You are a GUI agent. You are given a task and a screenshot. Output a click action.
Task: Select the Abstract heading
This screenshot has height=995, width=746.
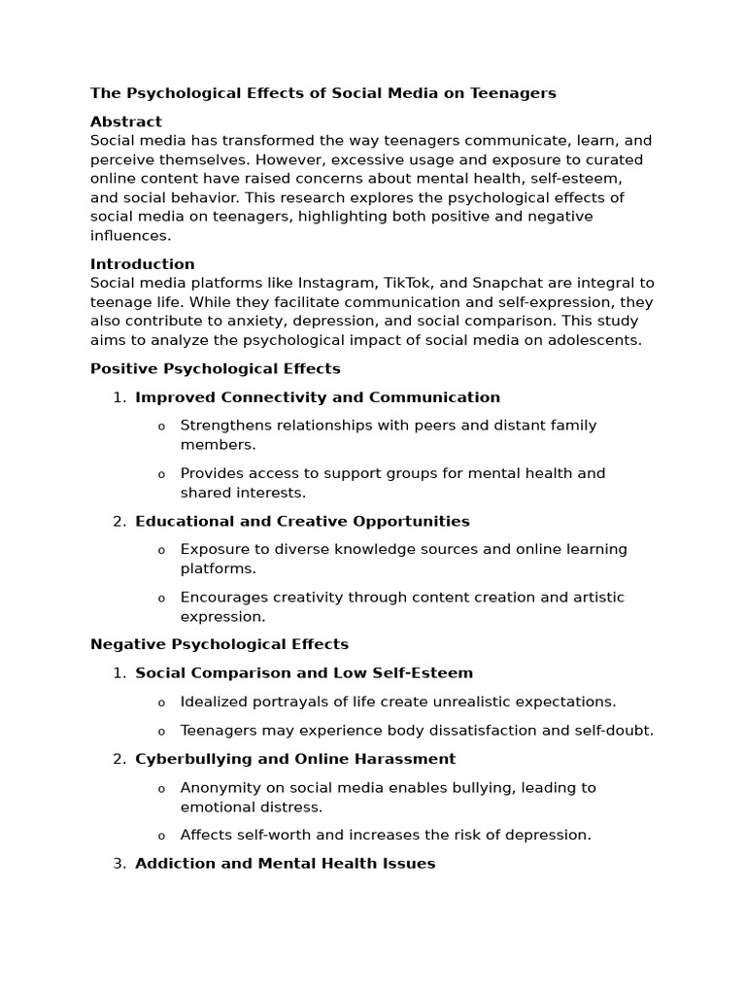(126, 121)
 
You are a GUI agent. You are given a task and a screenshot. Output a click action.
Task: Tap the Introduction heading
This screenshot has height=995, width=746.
(143, 264)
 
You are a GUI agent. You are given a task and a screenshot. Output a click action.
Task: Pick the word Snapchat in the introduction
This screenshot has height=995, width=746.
(508, 283)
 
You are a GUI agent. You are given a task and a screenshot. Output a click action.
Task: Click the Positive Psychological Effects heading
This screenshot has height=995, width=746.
(216, 368)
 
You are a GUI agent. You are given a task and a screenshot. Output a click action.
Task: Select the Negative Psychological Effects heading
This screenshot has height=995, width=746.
(220, 644)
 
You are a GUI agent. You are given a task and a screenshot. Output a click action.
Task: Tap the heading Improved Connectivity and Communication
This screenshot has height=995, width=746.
(318, 397)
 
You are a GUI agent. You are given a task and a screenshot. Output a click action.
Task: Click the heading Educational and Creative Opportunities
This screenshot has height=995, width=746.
(302, 522)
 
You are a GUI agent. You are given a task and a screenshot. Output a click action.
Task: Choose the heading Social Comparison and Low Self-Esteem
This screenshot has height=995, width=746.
(304, 673)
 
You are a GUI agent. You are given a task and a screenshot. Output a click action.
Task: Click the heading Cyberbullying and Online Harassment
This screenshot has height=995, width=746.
(295, 759)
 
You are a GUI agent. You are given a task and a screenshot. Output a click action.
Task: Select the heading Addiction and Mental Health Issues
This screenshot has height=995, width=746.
(286, 864)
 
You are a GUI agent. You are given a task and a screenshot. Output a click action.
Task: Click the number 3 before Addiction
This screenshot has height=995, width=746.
(118, 864)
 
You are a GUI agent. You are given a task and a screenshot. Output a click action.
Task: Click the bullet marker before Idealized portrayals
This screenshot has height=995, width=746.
(161, 703)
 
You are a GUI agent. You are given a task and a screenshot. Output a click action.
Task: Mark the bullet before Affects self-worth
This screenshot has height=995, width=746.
(161, 836)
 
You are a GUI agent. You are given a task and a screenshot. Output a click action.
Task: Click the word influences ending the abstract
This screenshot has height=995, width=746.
(130, 235)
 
